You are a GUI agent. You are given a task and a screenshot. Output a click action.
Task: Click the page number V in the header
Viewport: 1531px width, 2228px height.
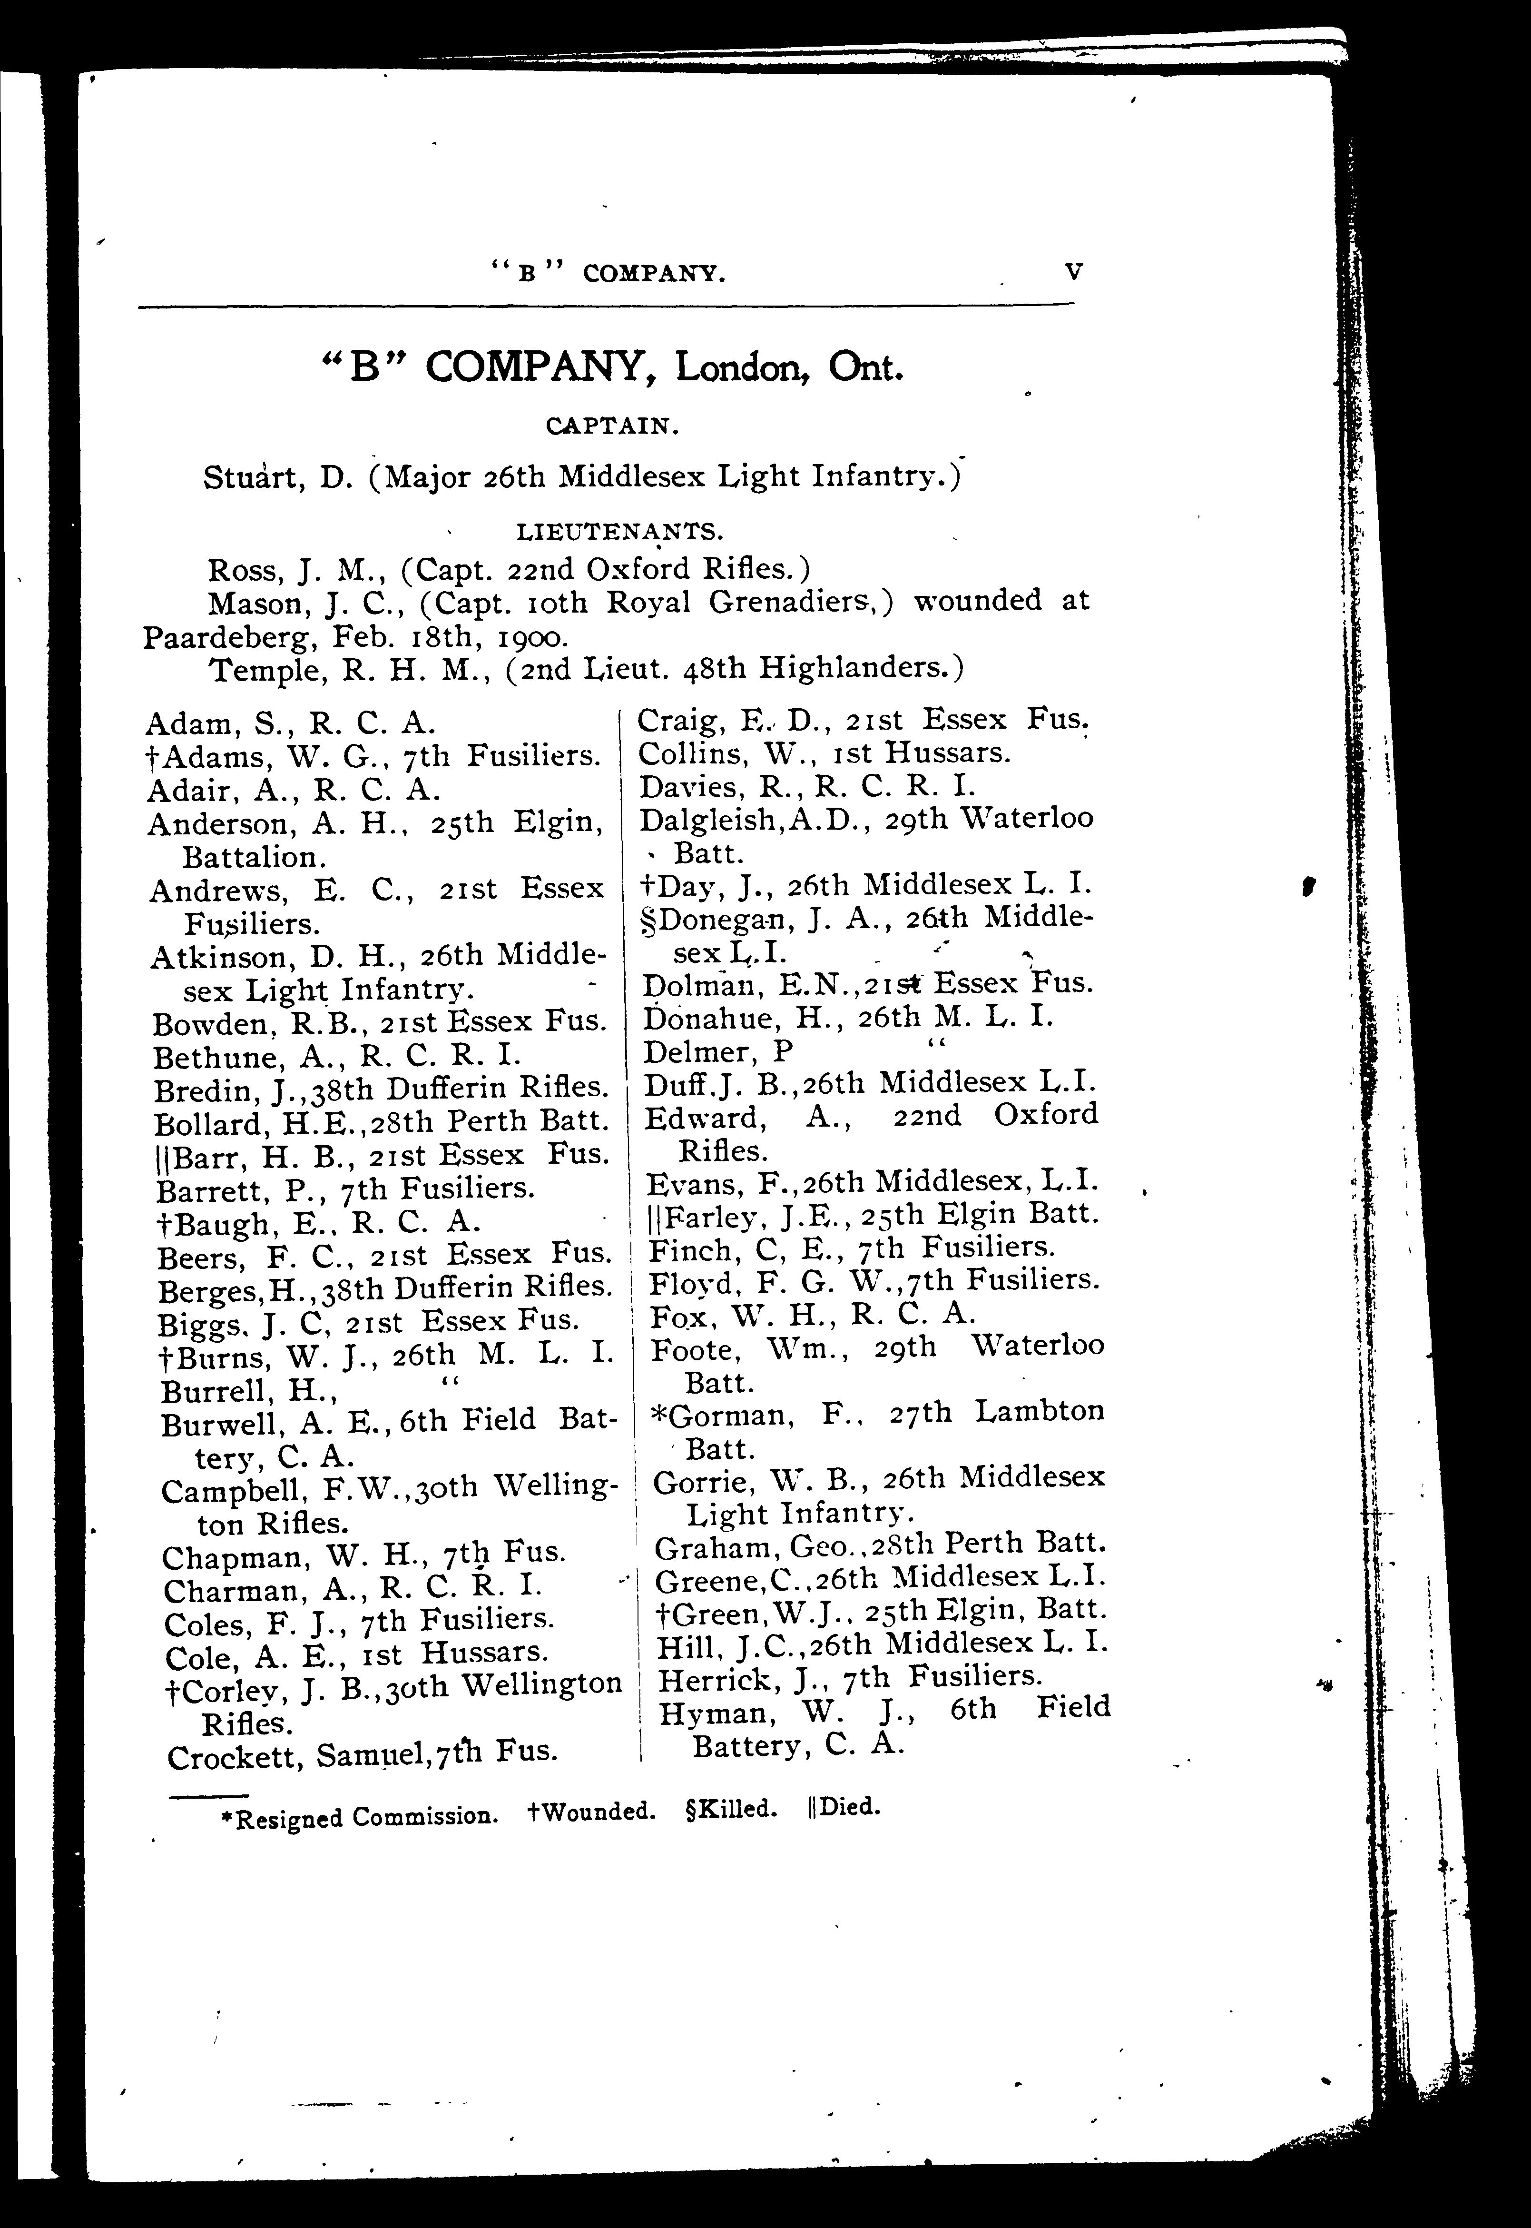click(1073, 272)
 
